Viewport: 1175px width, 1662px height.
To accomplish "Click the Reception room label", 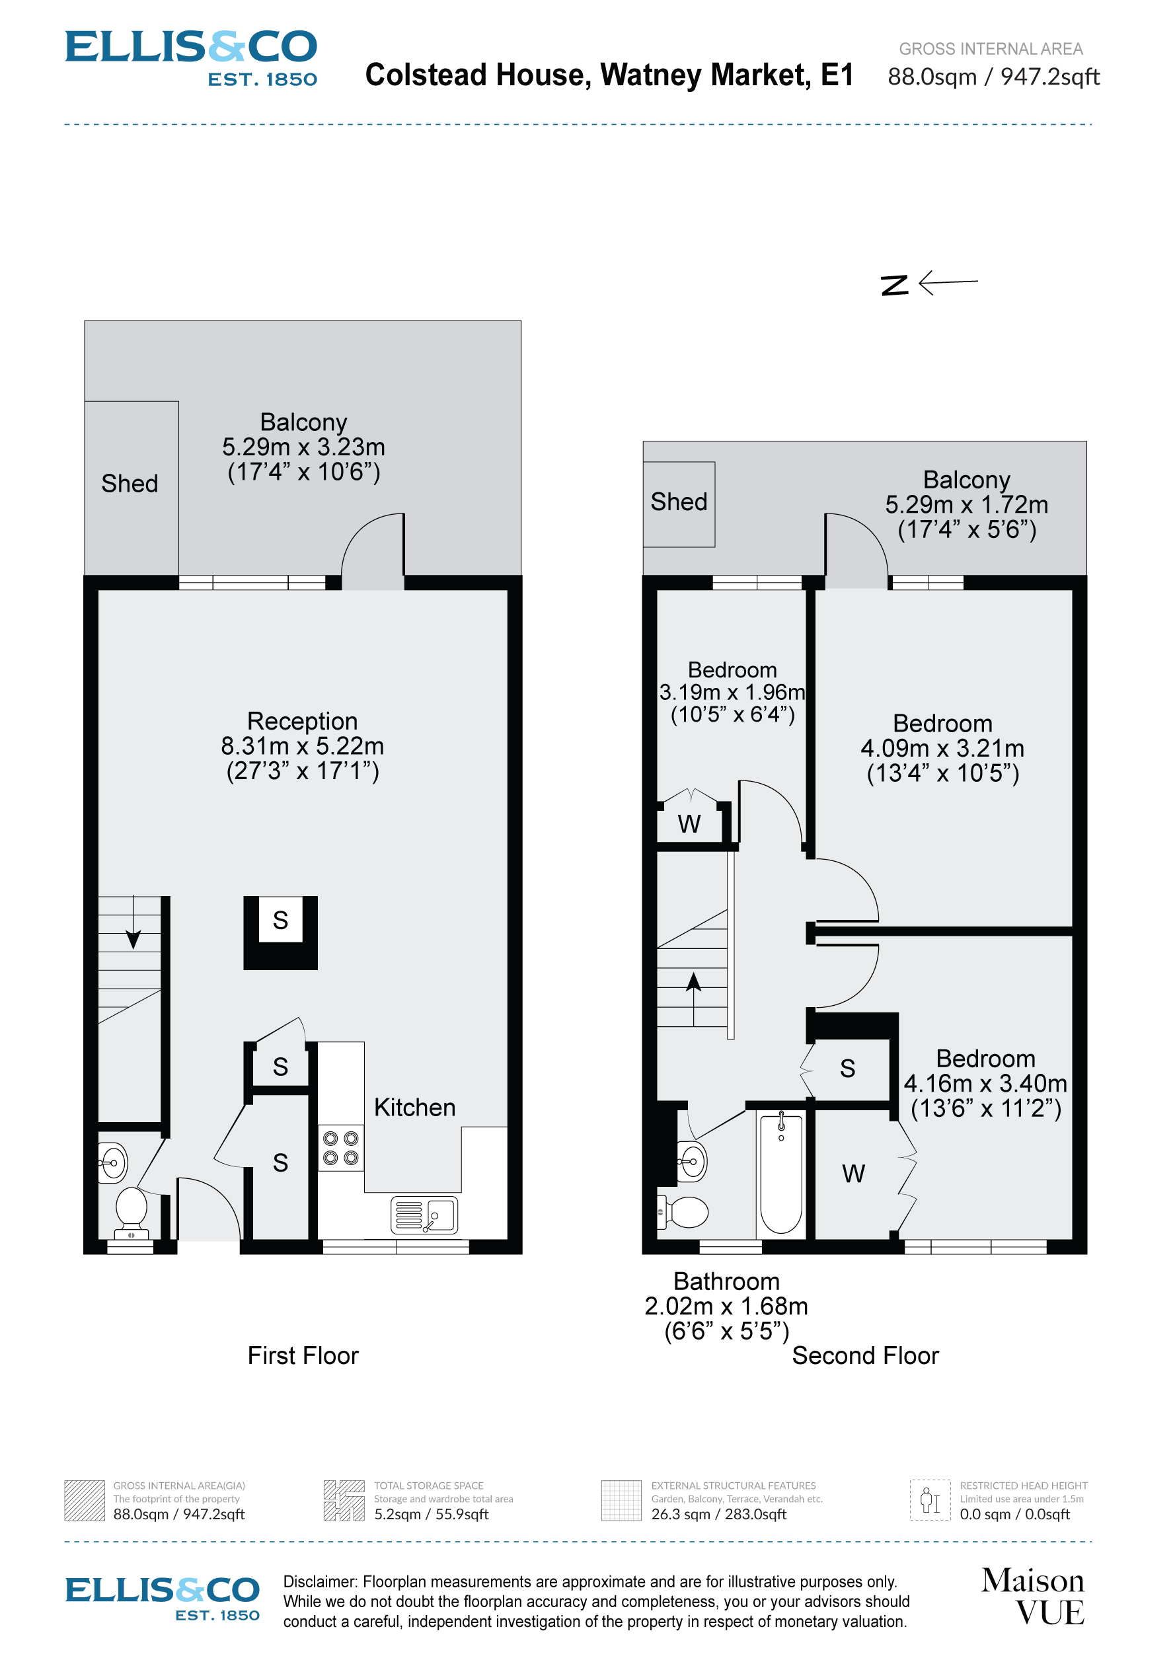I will (302, 721).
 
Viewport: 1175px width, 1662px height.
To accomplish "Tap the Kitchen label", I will (414, 1108).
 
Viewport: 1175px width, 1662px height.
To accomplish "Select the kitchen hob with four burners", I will (340, 1148).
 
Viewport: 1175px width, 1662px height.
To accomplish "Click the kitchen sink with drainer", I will (424, 1215).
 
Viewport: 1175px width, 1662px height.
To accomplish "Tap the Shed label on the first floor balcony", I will (130, 484).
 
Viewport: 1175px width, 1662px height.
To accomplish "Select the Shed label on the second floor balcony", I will (678, 502).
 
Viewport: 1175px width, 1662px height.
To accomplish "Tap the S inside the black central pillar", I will (280, 921).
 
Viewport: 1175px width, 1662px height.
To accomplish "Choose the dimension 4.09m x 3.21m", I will (942, 749).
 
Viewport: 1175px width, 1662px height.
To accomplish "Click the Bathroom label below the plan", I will (726, 1281).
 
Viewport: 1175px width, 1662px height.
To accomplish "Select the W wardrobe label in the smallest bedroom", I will (689, 824).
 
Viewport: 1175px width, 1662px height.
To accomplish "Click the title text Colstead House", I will (608, 75).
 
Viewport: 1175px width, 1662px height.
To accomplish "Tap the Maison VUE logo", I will (1032, 1596).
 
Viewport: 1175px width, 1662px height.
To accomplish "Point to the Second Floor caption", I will (864, 1356).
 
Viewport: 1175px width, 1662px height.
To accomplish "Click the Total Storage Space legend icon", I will (343, 1501).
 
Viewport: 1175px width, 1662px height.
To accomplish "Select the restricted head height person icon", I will (930, 1500).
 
